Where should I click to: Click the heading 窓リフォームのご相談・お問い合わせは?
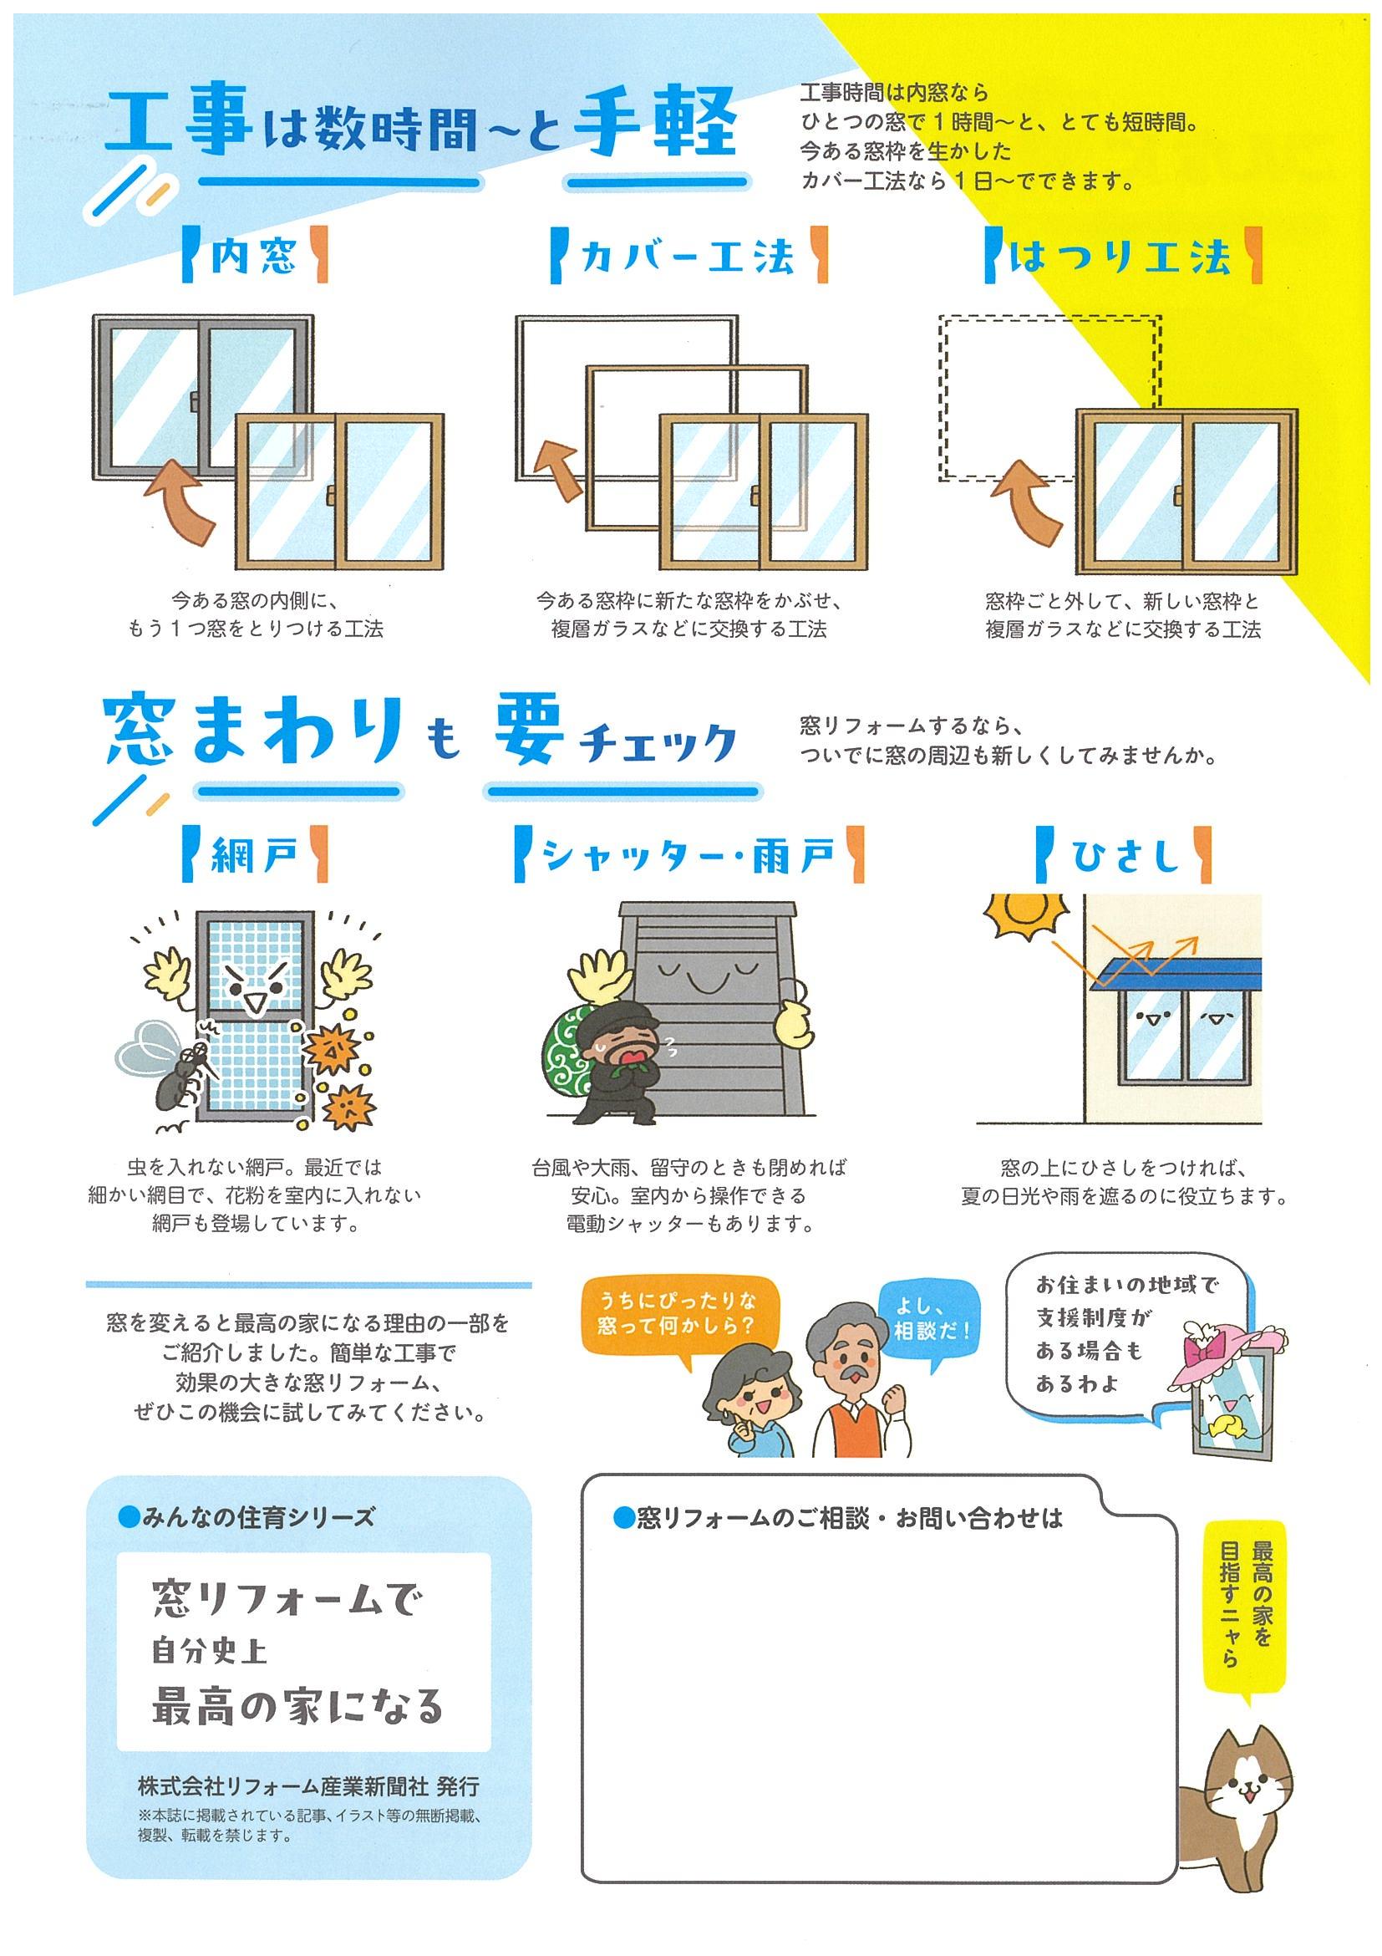(x=839, y=1518)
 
